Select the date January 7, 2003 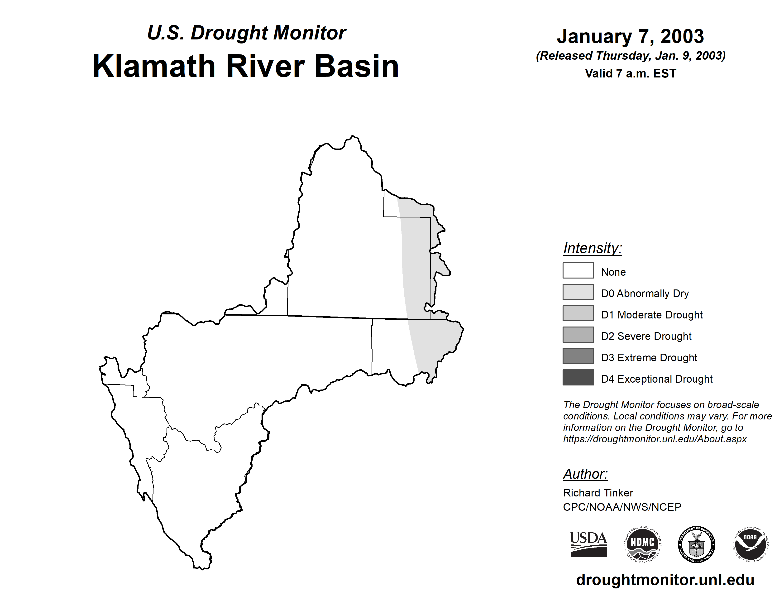coord(630,36)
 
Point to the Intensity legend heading coord(592,248)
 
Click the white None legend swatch coord(578,270)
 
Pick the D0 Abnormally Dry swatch coord(578,292)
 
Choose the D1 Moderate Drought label coord(651,315)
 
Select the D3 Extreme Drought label coord(649,358)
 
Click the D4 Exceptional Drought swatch coord(578,377)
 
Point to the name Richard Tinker coord(598,493)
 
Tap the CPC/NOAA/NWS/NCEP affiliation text coord(622,507)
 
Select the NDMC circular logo coord(643,544)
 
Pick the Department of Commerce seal coord(696,544)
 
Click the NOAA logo coord(750,544)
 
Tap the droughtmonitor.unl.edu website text coord(665,580)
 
